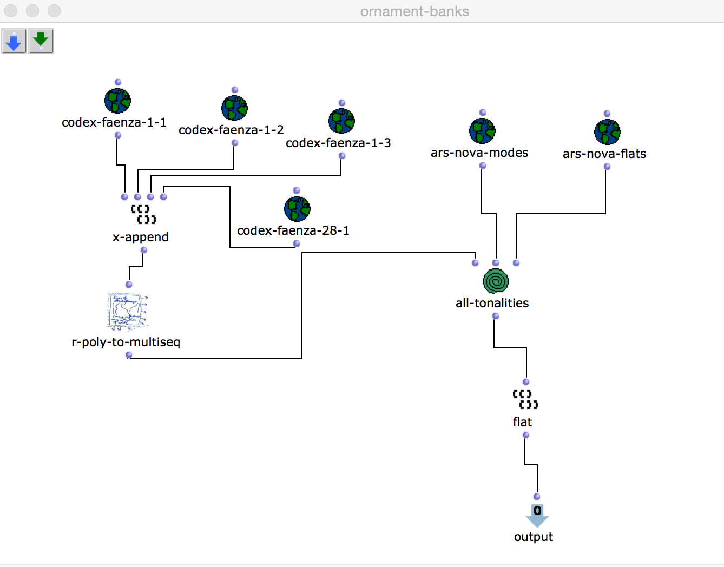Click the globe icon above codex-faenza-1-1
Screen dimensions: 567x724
(117, 101)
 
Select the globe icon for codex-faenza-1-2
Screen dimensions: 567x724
(234, 108)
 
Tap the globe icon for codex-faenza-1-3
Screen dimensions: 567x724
(341, 121)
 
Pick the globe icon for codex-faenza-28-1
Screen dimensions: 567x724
(297, 209)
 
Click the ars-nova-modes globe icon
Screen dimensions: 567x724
(482, 131)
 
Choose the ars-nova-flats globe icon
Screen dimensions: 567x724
(607, 132)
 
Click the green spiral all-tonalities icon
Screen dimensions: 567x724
(496, 281)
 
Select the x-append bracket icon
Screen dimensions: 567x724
(143, 214)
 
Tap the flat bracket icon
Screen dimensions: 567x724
(525, 399)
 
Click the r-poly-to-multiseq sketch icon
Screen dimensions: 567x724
(128, 311)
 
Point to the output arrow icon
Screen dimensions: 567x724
(537, 516)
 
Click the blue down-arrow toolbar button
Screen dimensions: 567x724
(14, 41)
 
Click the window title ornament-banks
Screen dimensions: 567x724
(414, 11)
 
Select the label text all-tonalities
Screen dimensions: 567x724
(492, 303)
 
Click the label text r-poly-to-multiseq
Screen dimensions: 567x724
(126, 342)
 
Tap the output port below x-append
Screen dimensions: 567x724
(144, 250)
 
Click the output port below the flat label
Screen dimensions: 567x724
(526, 435)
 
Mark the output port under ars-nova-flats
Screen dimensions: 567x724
(607, 167)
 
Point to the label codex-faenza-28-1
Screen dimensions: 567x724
(293, 230)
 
